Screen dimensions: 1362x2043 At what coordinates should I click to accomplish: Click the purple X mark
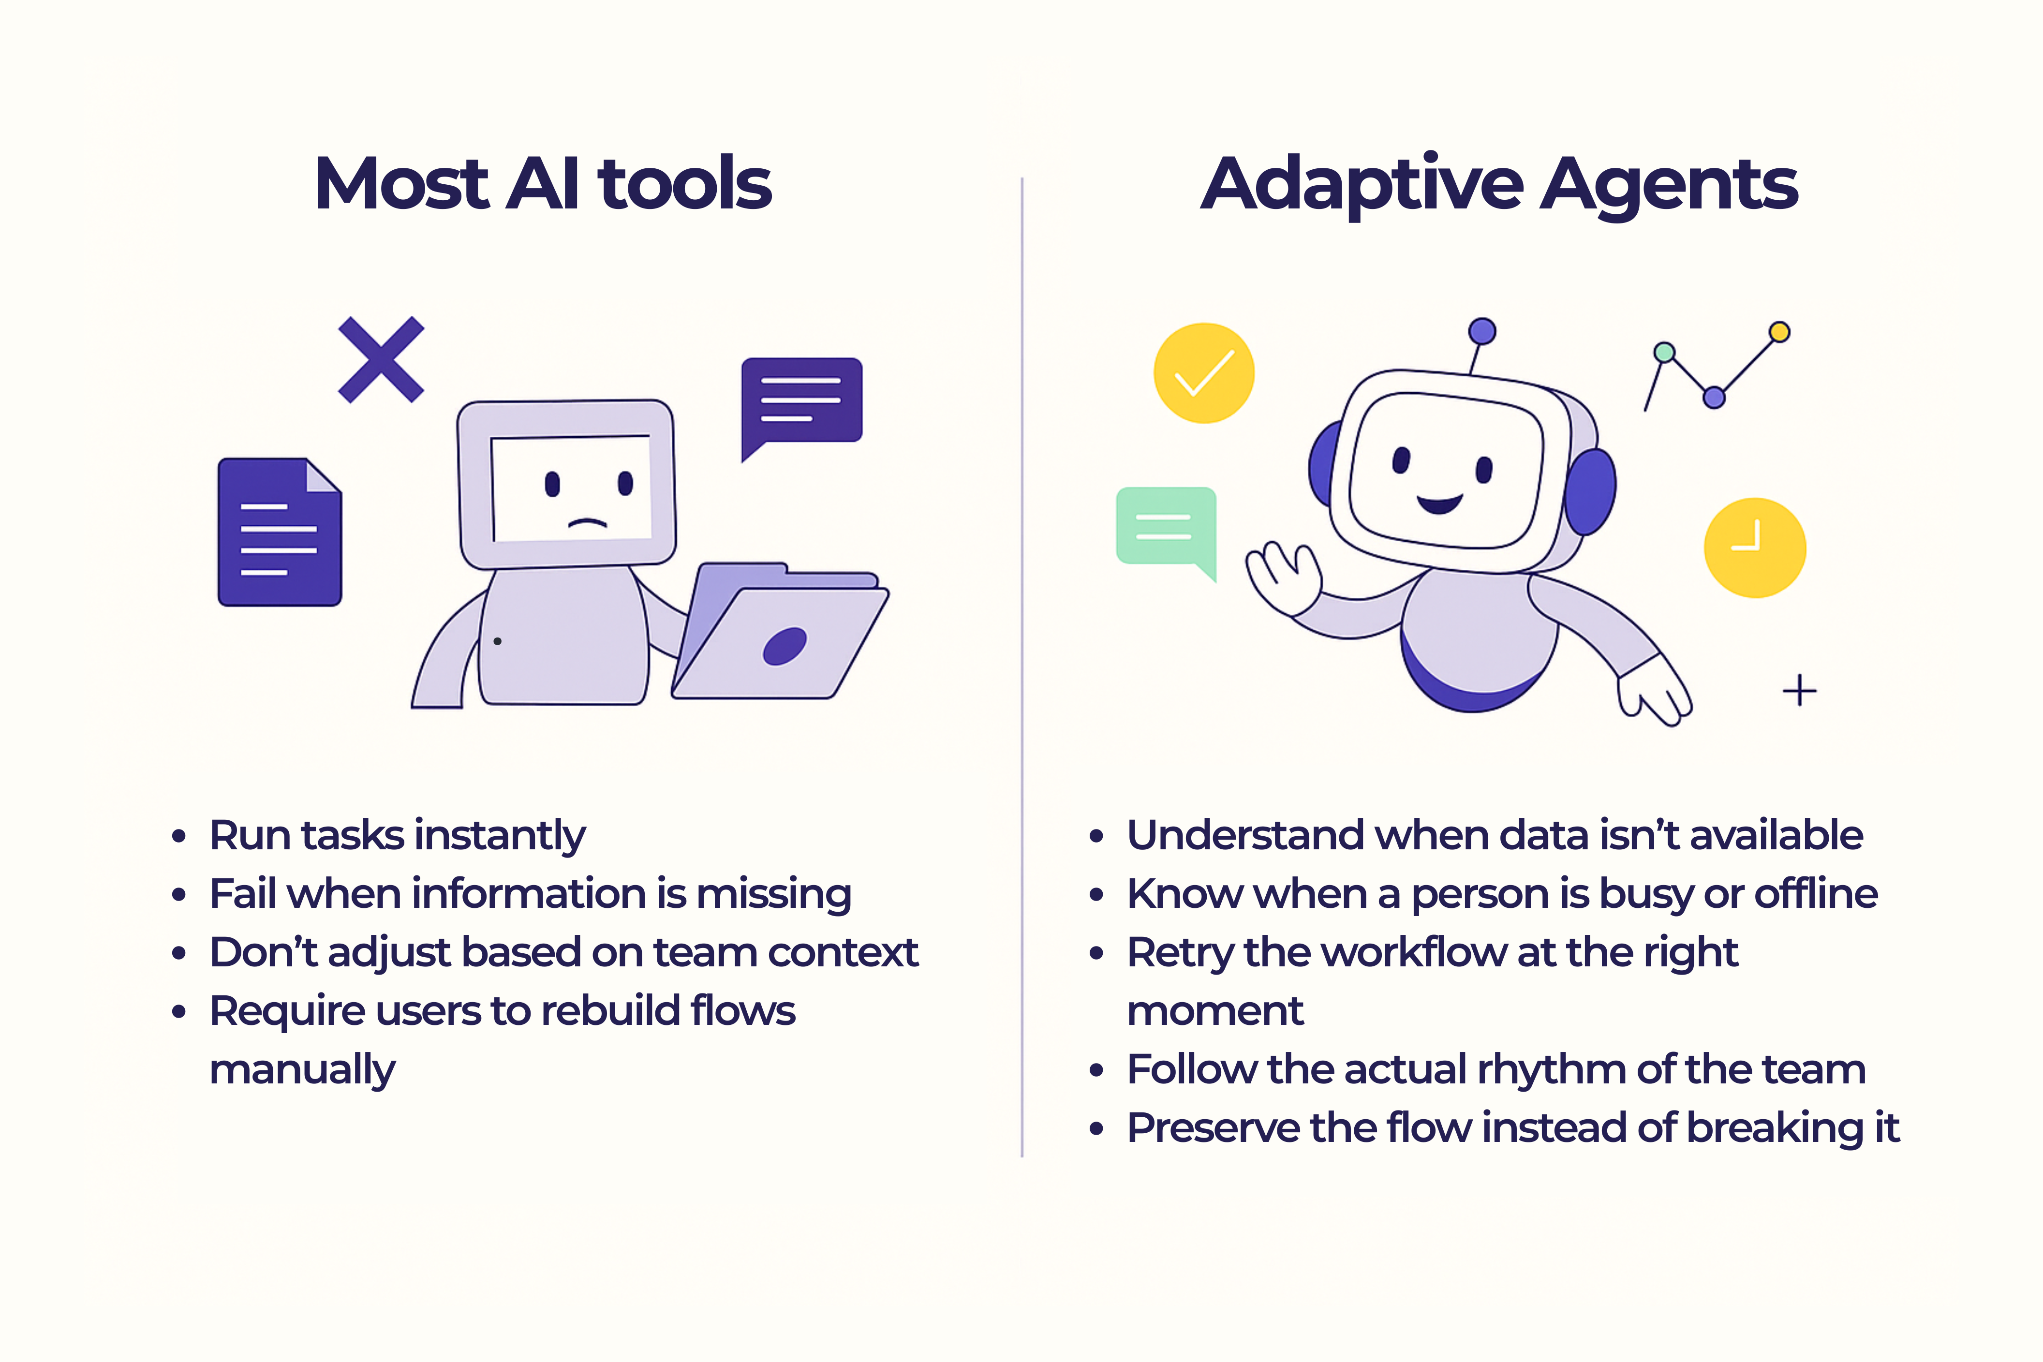381,360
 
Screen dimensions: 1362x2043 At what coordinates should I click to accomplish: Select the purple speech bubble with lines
801,401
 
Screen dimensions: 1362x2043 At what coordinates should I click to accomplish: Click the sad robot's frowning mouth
588,523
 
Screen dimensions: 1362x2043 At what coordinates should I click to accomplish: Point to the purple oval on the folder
785,646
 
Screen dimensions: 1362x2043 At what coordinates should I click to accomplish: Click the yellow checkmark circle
1204,373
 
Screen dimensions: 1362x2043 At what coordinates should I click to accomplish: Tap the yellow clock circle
1755,548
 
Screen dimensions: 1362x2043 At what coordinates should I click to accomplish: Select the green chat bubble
1165,526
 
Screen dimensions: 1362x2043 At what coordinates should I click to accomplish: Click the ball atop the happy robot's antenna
1482,331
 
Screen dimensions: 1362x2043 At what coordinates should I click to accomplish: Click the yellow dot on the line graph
1779,332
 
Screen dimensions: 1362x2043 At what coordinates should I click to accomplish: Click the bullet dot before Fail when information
179,895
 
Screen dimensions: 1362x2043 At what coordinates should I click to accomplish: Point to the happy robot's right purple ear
1591,491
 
